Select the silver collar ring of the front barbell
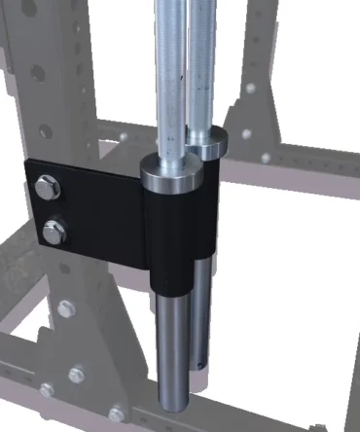[170, 175]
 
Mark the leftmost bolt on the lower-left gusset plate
[47, 389]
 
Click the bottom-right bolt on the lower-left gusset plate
[117, 413]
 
